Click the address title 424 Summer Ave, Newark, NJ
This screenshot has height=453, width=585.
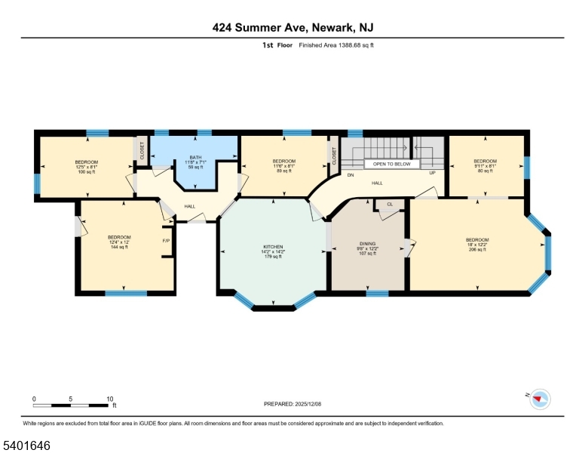[292, 28]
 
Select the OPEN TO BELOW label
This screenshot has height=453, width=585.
[392, 163]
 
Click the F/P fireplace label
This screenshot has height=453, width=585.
[166, 241]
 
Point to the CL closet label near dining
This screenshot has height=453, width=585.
[390, 205]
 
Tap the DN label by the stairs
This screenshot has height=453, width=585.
[351, 174]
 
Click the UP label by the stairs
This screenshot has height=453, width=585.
[432, 173]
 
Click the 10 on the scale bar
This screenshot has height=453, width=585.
[110, 399]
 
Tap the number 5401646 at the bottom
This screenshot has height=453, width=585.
[26, 445]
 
